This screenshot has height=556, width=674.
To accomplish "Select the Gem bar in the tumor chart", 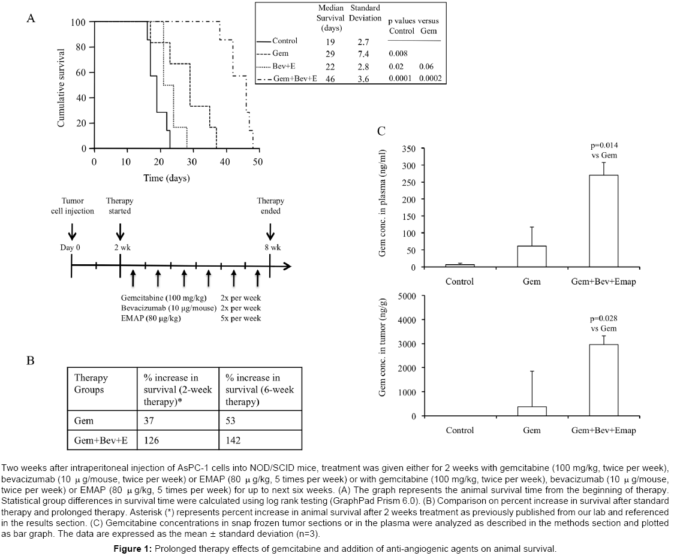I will click(x=531, y=411).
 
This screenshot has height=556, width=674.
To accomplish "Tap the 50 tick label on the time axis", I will click(x=258, y=162).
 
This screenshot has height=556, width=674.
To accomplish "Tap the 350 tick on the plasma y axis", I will click(x=409, y=148).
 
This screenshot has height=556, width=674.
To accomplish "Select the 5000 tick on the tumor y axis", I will click(x=407, y=295).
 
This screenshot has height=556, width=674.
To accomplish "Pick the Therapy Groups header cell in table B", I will click(x=91, y=384).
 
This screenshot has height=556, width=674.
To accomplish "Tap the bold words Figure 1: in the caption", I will click(x=133, y=548).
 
